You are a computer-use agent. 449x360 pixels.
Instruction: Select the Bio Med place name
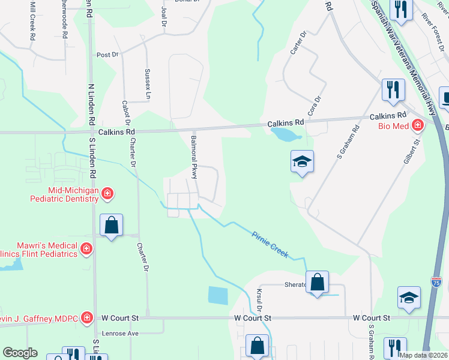394,126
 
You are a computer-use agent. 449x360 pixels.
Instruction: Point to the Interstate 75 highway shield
436,282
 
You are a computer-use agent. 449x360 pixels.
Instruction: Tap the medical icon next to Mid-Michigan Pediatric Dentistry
107,193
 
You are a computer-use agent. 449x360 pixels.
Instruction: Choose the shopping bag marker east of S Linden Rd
112,225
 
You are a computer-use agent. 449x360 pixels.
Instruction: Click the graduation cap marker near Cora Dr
303,161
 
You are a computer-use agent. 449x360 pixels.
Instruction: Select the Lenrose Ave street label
121,333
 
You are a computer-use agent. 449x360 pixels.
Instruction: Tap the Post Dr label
107,55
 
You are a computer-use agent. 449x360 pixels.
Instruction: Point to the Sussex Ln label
147,83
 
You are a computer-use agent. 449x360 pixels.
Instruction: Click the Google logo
20,353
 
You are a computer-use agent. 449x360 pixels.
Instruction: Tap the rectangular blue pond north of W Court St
219,295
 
